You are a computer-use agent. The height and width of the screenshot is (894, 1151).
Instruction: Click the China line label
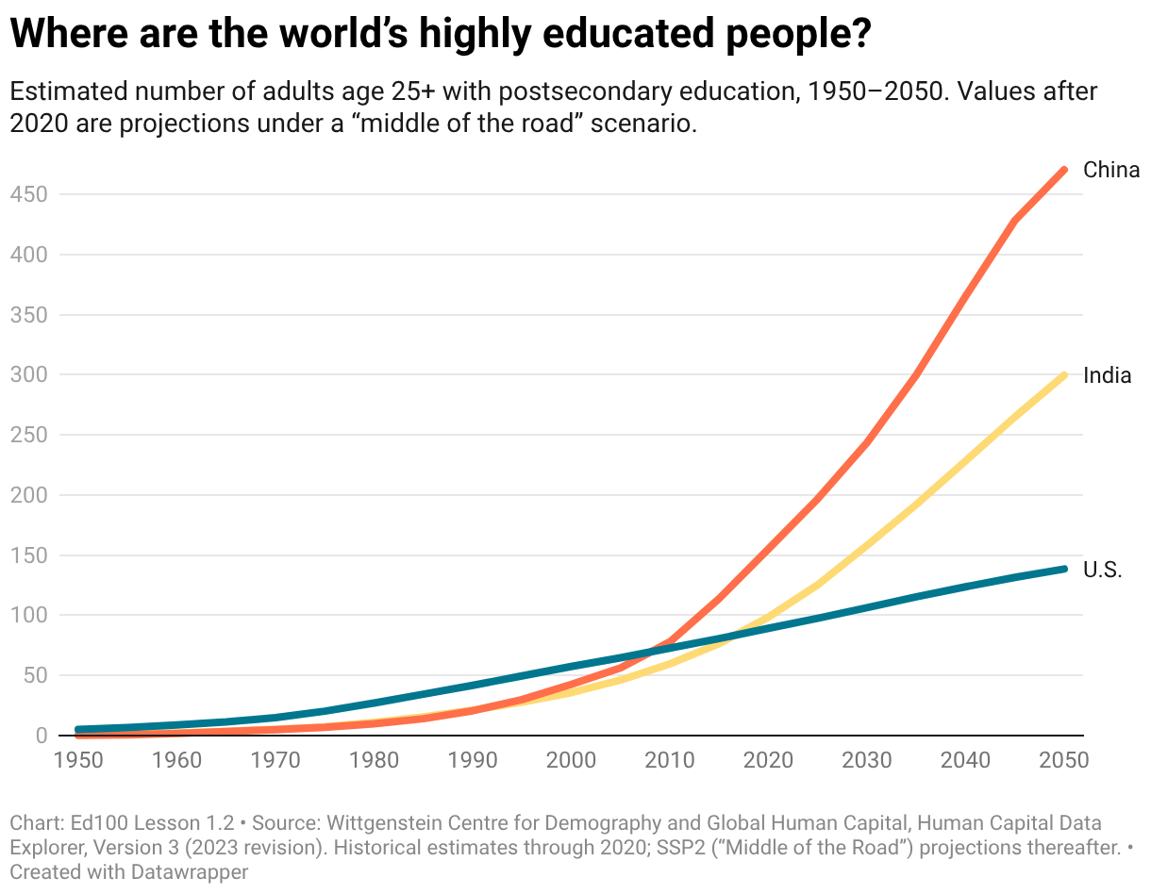point(1110,170)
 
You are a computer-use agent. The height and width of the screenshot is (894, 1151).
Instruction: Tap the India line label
point(1107,375)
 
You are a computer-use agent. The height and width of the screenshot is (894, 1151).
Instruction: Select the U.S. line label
point(1102,570)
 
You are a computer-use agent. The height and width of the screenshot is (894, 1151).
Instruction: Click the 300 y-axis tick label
point(28,374)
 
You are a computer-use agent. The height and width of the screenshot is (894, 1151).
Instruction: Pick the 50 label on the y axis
point(36,675)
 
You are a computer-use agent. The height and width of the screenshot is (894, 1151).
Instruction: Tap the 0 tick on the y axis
point(42,736)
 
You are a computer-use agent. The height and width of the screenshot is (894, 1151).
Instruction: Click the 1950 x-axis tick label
point(78,760)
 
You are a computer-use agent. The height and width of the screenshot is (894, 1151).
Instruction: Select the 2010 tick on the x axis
point(670,760)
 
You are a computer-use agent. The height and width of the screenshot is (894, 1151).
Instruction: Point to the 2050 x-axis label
point(1064,760)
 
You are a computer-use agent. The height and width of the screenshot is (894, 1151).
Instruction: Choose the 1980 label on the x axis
point(374,760)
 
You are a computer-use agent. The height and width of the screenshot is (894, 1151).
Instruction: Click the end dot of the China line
point(1063,171)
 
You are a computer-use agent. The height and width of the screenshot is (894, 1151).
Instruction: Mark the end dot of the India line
point(1063,375)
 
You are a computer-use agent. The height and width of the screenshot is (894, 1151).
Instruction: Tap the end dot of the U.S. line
point(1063,569)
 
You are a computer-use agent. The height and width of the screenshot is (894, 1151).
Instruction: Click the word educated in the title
point(628,33)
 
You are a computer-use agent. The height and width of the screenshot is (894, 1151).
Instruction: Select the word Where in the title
point(69,33)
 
